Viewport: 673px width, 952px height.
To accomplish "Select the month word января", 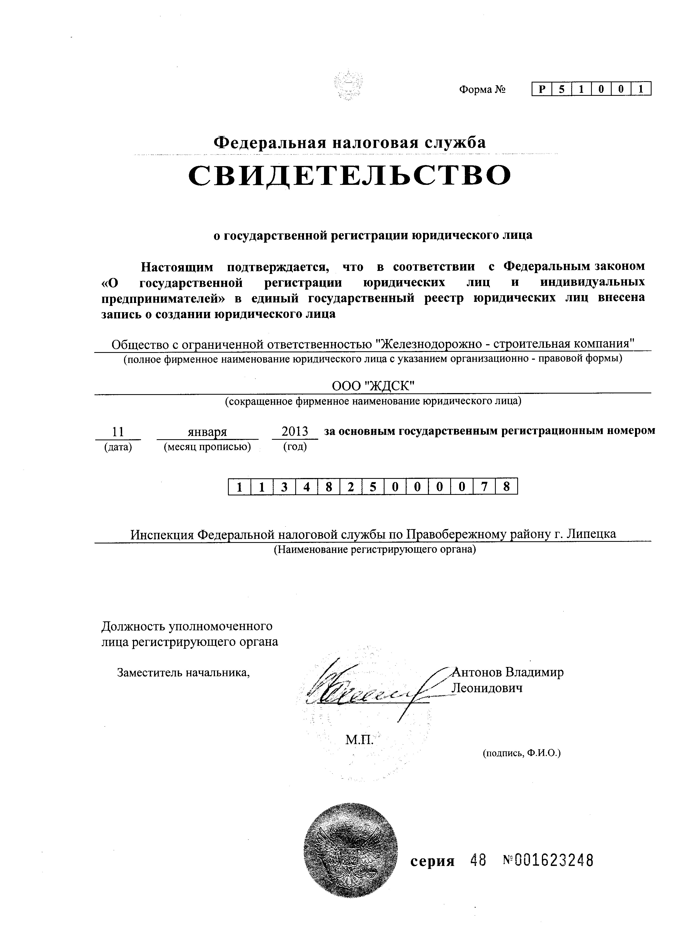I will click(207, 432).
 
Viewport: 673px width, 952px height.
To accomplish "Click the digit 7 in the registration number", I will click(484, 487).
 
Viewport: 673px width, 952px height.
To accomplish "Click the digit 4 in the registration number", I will click(306, 487).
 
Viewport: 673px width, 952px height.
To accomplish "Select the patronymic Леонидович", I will click(487, 688).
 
